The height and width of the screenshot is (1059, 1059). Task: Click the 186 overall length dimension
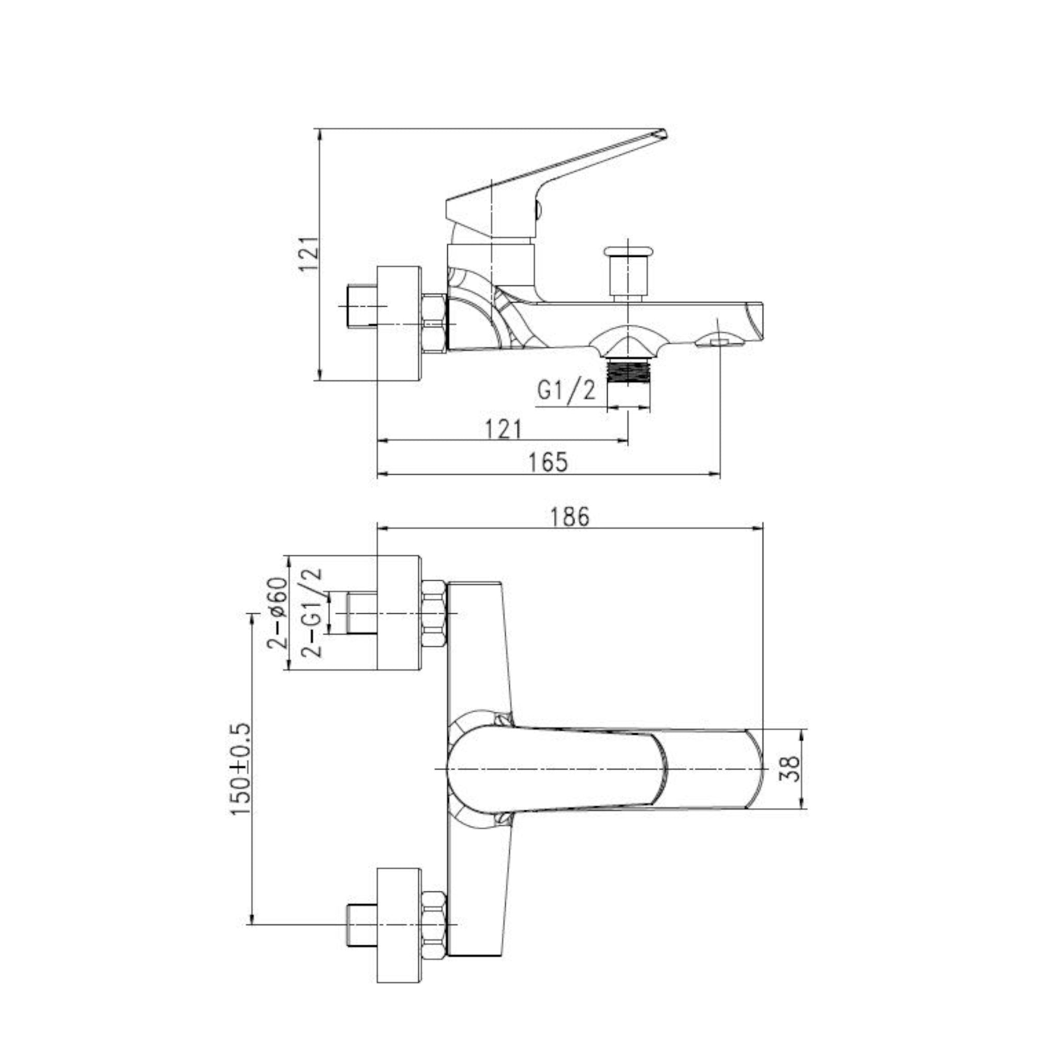tap(571, 517)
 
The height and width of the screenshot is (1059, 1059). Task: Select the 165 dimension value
tap(549, 462)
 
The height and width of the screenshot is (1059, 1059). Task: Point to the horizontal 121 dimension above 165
tap(503, 429)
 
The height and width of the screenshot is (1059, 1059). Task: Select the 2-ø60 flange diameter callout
tap(277, 613)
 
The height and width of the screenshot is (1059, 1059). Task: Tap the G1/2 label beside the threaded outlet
tap(566, 391)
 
